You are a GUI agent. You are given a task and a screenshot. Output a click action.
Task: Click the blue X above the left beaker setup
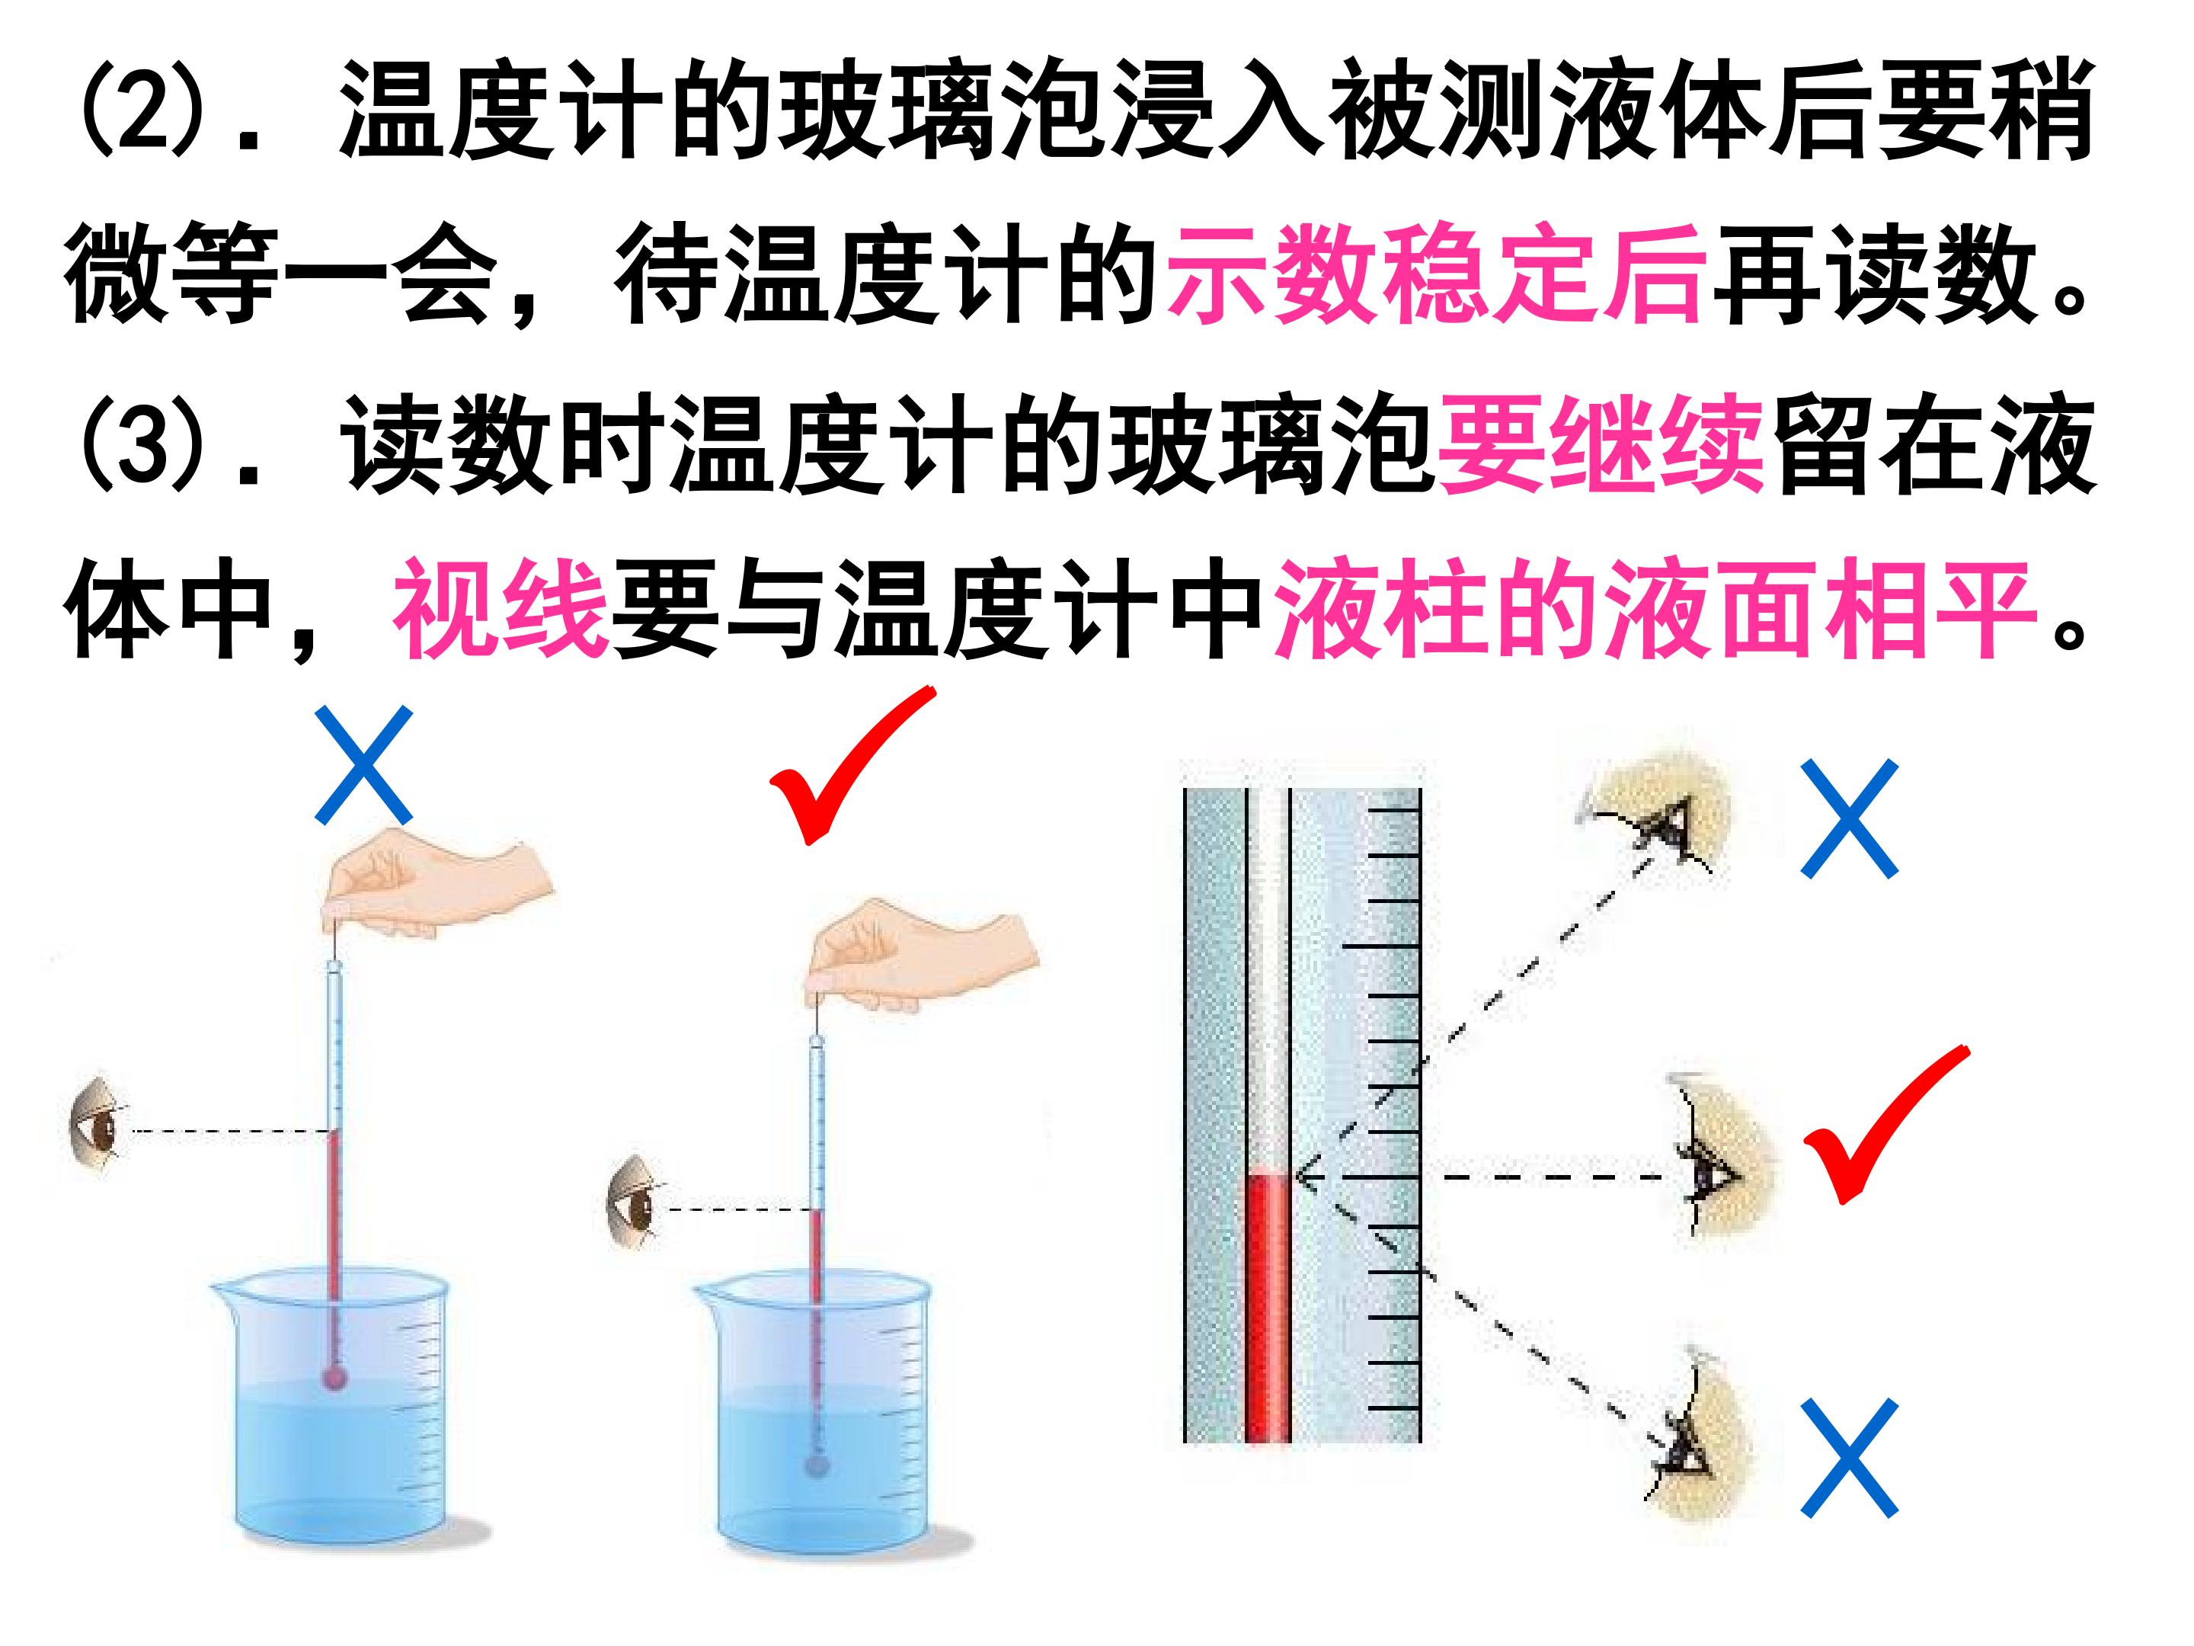click(x=364, y=765)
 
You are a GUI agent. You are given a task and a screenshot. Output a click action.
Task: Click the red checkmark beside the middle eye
click(x=1882, y=1124)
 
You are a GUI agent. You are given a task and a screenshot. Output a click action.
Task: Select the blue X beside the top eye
click(x=1849, y=818)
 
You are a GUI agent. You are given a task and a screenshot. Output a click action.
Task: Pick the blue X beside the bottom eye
click(x=1849, y=1459)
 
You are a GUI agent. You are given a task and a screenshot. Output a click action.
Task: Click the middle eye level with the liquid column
click(x=1721, y=1161)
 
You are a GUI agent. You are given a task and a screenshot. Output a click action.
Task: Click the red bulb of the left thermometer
click(x=335, y=1377)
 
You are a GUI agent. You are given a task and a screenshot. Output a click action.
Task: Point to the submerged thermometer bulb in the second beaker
click(x=817, y=1462)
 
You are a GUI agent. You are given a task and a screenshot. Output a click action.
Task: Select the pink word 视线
click(x=502, y=607)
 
